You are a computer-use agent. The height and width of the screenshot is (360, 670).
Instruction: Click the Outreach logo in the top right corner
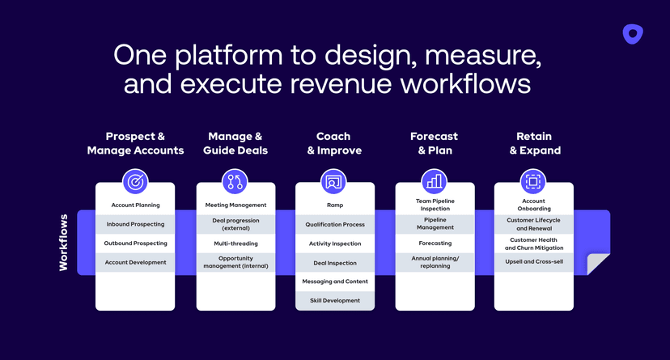[x=632, y=34]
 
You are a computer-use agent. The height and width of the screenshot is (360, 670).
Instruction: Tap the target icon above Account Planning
[x=135, y=181]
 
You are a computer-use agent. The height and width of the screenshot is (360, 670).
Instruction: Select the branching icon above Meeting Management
[x=235, y=181]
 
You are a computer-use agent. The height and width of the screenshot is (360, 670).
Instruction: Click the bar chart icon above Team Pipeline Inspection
[x=435, y=181]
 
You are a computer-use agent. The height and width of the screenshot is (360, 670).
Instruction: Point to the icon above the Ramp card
[x=334, y=181]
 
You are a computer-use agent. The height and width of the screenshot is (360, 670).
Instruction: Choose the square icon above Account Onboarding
[x=533, y=181]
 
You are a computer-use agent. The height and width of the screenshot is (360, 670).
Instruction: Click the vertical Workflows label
[x=64, y=243]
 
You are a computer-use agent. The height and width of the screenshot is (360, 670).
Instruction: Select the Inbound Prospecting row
[x=135, y=224]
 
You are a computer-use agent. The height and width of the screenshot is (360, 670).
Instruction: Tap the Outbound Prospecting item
[x=135, y=243]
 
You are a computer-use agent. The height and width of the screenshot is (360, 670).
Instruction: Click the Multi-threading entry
[x=235, y=243]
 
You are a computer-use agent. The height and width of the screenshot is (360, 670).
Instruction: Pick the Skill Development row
[x=334, y=300]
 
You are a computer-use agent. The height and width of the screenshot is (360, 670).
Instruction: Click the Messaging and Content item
[x=334, y=282]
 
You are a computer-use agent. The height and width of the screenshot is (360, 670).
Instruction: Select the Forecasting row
[x=435, y=243]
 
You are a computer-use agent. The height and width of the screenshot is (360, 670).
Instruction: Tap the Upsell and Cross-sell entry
[x=533, y=262]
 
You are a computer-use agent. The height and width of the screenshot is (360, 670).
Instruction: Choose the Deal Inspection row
[x=334, y=263]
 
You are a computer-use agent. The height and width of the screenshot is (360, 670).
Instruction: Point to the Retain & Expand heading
[x=535, y=143]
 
